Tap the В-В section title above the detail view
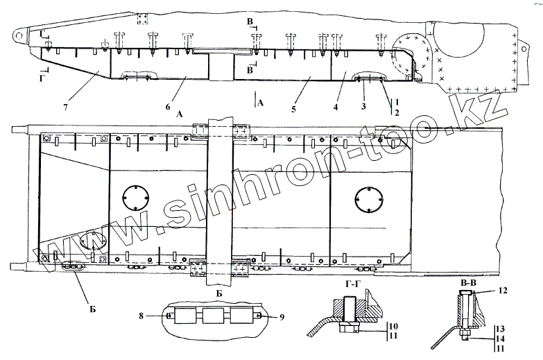coord(469,283)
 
